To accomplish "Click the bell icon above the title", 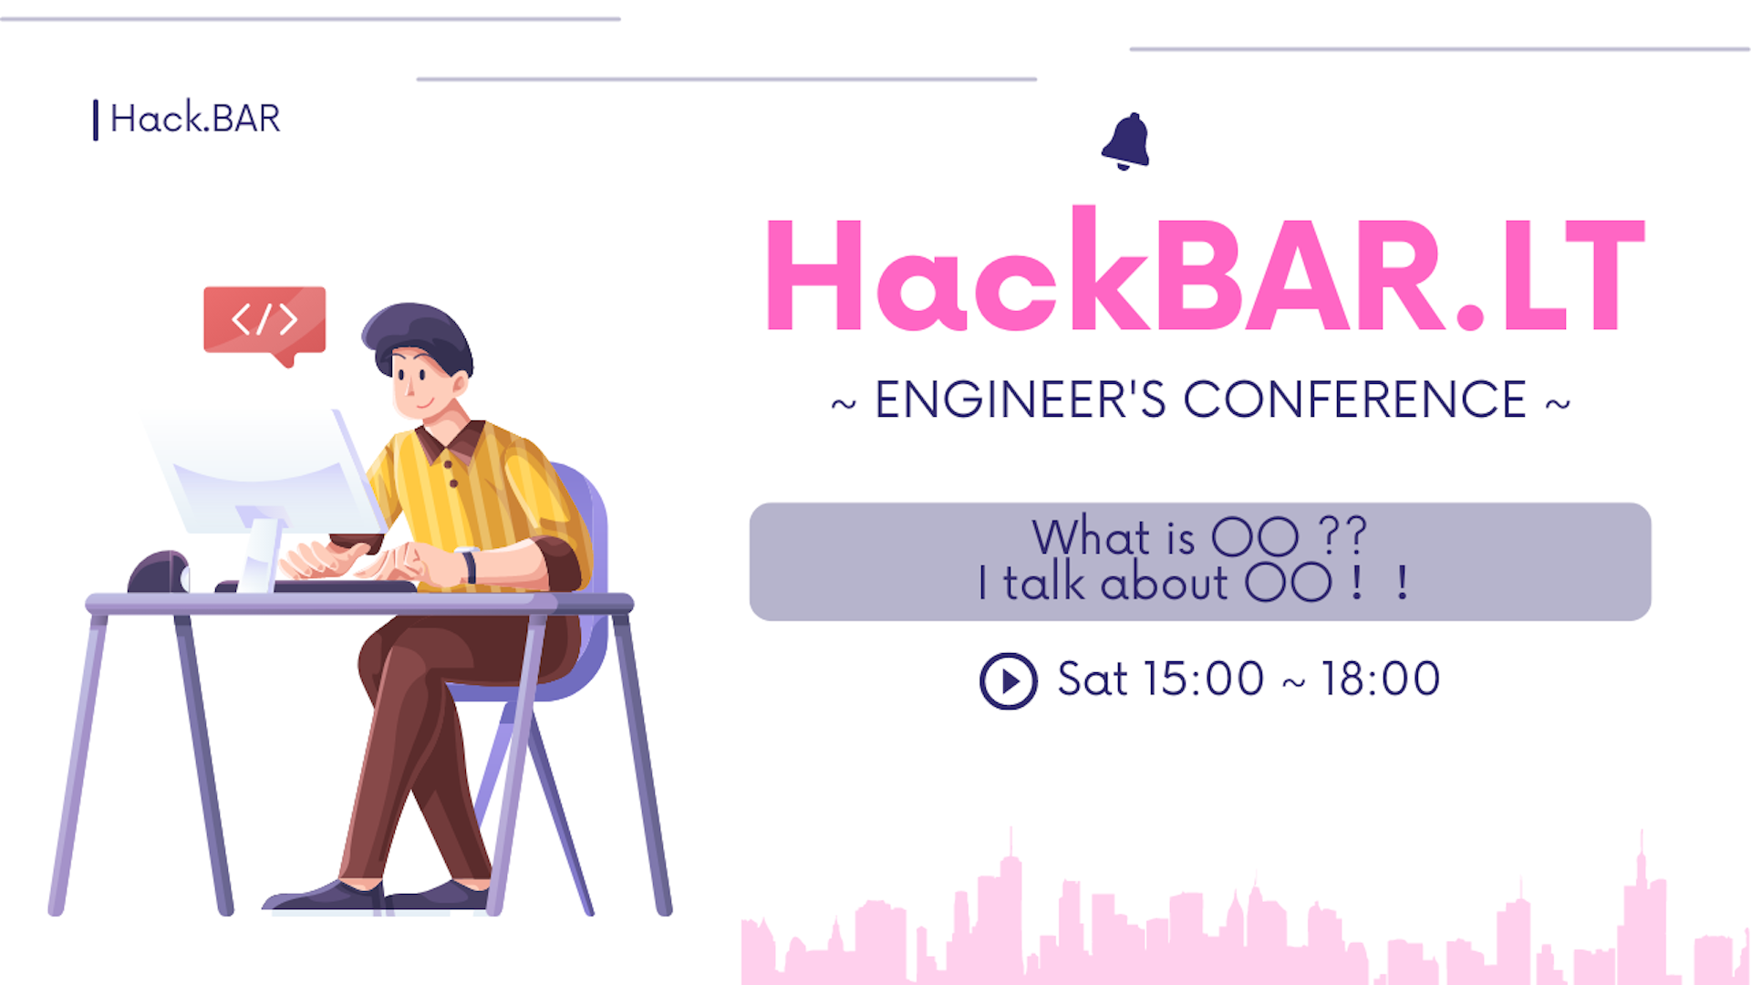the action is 1126,141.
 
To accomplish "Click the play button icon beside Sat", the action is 1008,680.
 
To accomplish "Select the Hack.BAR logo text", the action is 195,119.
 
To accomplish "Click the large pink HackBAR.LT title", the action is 1205,269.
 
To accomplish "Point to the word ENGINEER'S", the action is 1021,400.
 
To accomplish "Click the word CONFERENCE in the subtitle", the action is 1355,400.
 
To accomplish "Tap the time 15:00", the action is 1203,679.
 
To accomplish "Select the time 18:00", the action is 1381,679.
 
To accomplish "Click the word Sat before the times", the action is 1093,679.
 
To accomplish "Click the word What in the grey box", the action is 1091,536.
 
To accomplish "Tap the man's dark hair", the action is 419,334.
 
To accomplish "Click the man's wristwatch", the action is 469,565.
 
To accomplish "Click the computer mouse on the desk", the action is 159,573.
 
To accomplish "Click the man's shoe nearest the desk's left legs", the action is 324,896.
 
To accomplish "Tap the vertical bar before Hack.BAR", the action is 95,119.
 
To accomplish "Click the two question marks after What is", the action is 1342,535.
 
